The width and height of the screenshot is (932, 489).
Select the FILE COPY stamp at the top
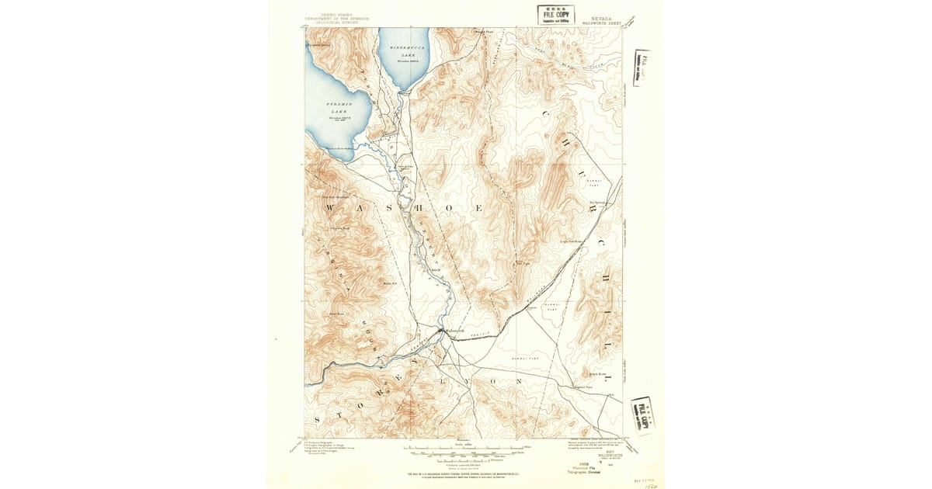tap(555, 14)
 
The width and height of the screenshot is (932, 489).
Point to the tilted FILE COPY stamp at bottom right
tap(642, 414)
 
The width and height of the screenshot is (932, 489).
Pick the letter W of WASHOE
tap(329, 209)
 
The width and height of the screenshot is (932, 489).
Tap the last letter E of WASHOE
tap(479, 209)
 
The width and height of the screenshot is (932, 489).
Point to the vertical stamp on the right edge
tap(642, 68)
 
